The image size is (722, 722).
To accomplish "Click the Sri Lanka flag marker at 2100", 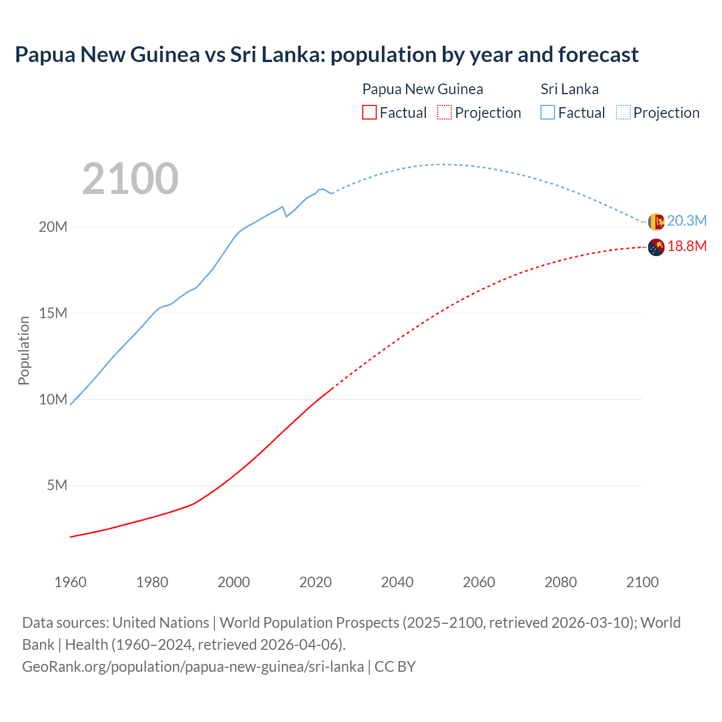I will point(656,222).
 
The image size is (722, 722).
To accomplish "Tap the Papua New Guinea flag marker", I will point(656,247).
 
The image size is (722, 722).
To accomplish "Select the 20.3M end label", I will point(686,221).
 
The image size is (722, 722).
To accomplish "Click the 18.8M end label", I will point(686,246).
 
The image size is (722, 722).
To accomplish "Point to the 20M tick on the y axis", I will point(53,227).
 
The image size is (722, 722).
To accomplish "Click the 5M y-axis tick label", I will point(57,485).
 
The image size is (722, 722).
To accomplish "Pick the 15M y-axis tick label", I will point(53,313).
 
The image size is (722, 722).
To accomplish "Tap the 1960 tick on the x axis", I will point(71,582).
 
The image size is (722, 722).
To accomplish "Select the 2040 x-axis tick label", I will point(397,582).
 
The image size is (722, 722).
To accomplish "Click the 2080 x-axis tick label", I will point(561,582).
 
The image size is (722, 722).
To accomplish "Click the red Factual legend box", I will point(369,112).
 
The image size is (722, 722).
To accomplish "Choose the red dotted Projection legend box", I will point(444,112).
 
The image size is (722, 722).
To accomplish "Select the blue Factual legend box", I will point(548,112).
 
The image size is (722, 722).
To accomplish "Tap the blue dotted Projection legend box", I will point(623,112).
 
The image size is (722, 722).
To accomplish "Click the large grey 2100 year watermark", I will point(130,179).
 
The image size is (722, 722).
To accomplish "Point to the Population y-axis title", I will point(24,350).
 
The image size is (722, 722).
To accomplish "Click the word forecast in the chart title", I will point(598,55).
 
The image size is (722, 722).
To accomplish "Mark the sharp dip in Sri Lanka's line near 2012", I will point(286,216).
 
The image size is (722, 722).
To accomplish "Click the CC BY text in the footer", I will point(395,667).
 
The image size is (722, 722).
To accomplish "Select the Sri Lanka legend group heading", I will point(569,89).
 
